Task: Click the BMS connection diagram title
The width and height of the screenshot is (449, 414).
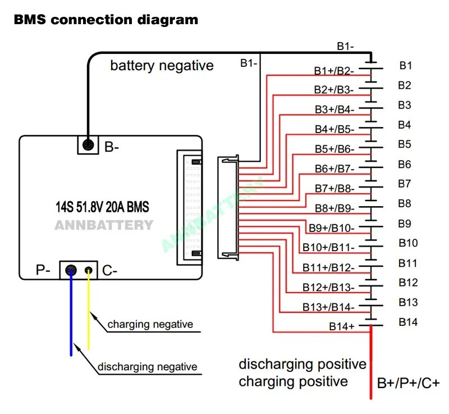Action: [x=106, y=20]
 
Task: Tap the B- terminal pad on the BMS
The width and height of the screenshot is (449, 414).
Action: [x=88, y=145]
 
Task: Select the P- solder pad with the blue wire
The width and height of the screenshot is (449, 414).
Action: [x=71, y=270]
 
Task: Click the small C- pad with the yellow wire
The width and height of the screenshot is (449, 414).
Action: [x=89, y=270]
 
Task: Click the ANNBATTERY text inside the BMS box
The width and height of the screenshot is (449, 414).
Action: [x=104, y=225]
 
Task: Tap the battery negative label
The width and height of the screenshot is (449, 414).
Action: [x=162, y=66]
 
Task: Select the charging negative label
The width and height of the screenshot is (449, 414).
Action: [x=150, y=324]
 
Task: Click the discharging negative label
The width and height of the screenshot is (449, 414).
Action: [x=148, y=367]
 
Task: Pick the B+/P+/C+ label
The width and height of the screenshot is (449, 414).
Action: [x=408, y=383]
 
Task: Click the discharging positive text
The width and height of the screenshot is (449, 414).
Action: [x=303, y=364]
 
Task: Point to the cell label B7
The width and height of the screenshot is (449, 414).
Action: [x=405, y=184]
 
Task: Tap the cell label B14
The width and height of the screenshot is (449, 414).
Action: [x=408, y=322]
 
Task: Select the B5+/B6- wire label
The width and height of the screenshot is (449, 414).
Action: [x=334, y=149]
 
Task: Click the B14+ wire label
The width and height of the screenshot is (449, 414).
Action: [x=342, y=326]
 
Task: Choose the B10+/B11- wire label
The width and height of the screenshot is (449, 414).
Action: [x=328, y=247]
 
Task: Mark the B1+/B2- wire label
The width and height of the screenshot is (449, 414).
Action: [x=333, y=71]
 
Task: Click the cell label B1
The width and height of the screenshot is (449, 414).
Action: [x=406, y=66]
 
